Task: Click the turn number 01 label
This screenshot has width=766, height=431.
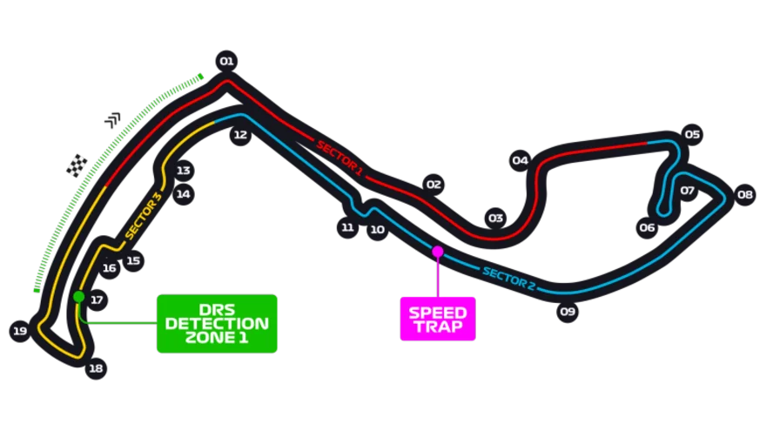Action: tap(226, 61)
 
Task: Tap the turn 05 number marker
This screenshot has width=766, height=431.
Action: tap(692, 134)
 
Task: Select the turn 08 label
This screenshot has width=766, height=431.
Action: tap(744, 195)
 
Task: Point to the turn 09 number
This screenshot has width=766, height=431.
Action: tap(568, 311)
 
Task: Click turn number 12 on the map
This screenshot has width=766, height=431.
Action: tap(240, 134)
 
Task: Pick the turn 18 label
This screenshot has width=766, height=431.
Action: tap(96, 368)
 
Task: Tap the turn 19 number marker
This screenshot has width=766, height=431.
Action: tap(21, 331)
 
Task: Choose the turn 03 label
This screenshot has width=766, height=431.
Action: tap(496, 218)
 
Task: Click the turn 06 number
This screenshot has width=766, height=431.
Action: tap(647, 227)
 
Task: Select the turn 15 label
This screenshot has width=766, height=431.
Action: tap(132, 260)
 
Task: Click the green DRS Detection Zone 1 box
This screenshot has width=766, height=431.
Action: tap(217, 323)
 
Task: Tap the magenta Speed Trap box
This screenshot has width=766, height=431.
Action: tap(437, 320)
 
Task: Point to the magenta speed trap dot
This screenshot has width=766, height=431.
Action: tap(438, 252)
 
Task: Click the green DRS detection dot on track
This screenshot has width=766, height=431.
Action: tap(79, 297)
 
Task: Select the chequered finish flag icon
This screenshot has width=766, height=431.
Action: tap(77, 165)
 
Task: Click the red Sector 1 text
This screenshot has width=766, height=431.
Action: tap(339, 157)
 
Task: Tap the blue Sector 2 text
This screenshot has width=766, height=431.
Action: tap(508, 277)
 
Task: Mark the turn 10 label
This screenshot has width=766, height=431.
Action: tap(377, 230)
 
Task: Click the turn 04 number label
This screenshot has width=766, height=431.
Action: tap(521, 160)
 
